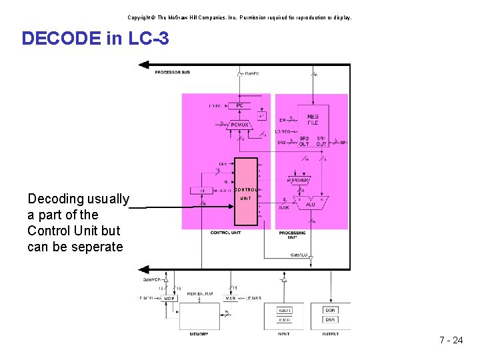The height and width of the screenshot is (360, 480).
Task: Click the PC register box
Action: (239, 106)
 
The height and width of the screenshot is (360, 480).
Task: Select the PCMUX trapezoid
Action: (239, 124)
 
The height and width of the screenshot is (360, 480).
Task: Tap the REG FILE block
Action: (313, 119)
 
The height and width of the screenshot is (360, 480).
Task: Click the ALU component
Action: (310, 204)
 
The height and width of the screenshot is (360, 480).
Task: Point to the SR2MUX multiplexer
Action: (298, 181)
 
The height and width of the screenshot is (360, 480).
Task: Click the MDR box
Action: (169, 298)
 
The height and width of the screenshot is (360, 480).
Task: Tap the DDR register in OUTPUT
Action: (331, 310)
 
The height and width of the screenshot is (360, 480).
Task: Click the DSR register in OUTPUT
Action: (331, 320)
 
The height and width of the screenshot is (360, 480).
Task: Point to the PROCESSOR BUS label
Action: (172, 72)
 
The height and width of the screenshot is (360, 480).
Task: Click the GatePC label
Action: (252, 73)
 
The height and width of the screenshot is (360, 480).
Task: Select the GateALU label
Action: (299, 255)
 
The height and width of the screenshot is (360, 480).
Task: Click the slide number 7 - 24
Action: (451, 340)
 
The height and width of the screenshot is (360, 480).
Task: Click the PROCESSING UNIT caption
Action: (293, 235)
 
